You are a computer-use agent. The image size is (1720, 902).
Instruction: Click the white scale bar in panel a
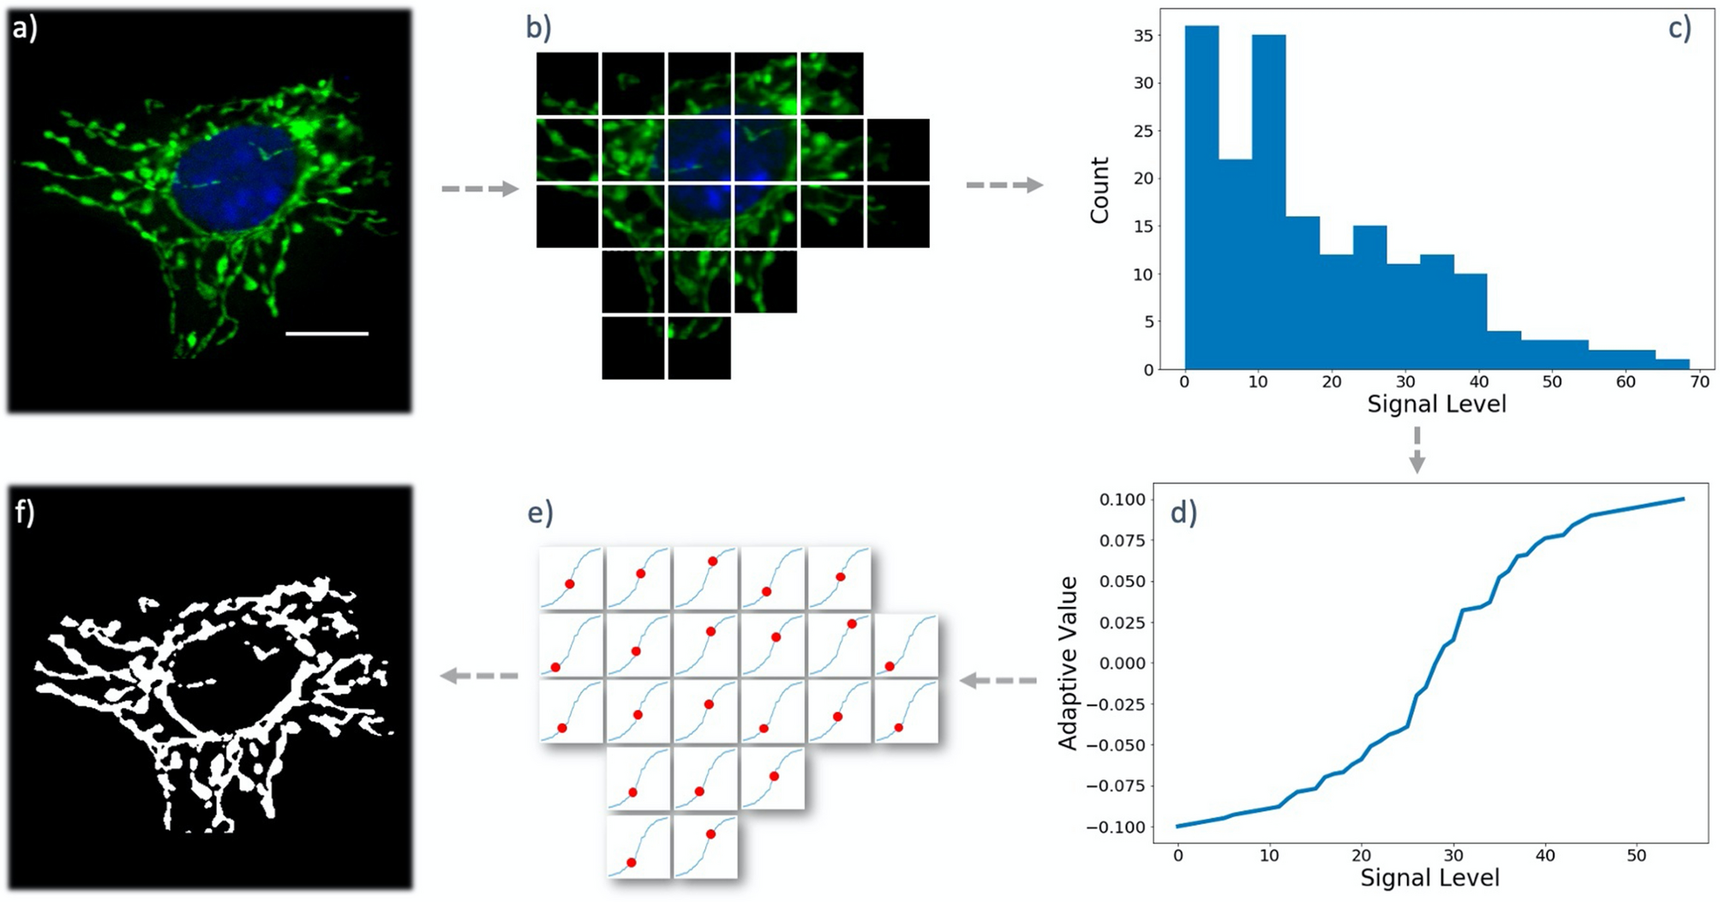pyautogui.click(x=327, y=334)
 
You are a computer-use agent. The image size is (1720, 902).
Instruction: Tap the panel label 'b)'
pyautogui.click(x=539, y=28)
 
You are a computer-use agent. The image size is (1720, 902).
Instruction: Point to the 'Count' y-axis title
pyautogui.click(x=1100, y=190)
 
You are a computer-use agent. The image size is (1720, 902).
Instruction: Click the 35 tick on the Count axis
pyautogui.click(x=1142, y=36)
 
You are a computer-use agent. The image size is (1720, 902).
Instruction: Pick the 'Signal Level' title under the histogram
pyautogui.click(x=1436, y=404)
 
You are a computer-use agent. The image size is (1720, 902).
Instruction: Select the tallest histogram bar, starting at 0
pyautogui.click(x=1202, y=197)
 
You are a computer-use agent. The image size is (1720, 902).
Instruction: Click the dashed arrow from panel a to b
pyautogui.click(x=480, y=189)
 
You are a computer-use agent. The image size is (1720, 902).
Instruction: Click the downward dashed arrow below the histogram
pyautogui.click(x=1417, y=450)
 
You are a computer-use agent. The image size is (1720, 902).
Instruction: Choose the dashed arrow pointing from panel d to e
pyautogui.click(x=998, y=681)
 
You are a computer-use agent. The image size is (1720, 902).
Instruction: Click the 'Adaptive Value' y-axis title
pyautogui.click(x=1068, y=663)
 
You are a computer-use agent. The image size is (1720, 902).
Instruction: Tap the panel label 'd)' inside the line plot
pyautogui.click(x=1184, y=512)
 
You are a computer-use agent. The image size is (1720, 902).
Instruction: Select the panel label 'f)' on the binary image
pyautogui.click(x=24, y=512)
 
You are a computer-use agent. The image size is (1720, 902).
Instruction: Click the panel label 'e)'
pyautogui.click(x=541, y=512)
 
